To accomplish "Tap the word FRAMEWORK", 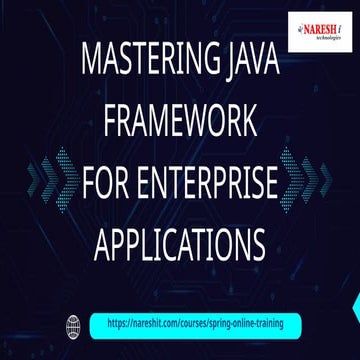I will point(180,126).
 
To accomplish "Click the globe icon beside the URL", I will point(71,325).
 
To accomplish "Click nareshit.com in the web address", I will point(154,325).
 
